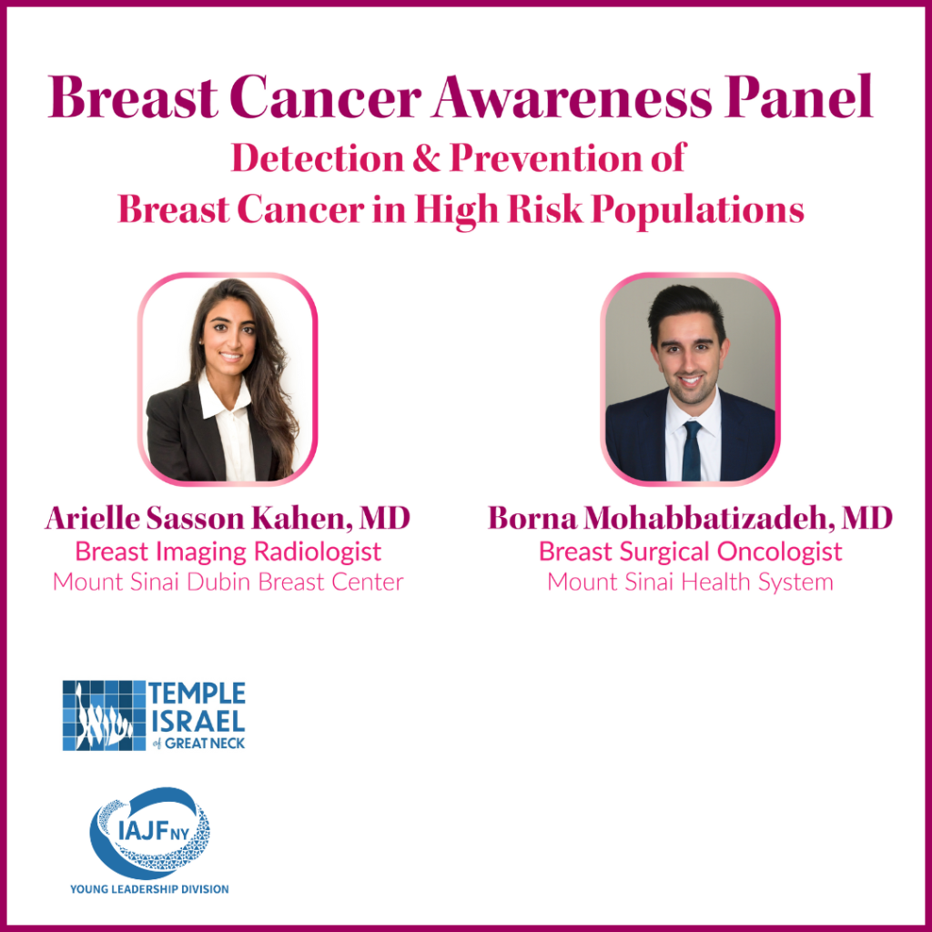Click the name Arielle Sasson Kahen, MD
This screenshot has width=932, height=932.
pyautogui.click(x=228, y=519)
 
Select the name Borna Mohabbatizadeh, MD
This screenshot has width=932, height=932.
pyautogui.click(x=690, y=519)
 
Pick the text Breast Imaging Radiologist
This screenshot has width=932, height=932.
pyautogui.click(x=228, y=552)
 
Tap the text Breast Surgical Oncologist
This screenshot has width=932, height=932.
pyautogui.click(x=690, y=552)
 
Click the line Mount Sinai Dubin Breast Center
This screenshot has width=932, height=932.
pyautogui.click(x=228, y=582)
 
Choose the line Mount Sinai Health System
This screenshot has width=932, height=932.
pyautogui.click(x=690, y=582)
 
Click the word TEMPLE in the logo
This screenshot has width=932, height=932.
pyautogui.click(x=198, y=694)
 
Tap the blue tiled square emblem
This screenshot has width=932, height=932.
pyautogui.click(x=103, y=715)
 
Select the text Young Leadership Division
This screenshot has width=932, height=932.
pyautogui.click(x=149, y=888)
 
